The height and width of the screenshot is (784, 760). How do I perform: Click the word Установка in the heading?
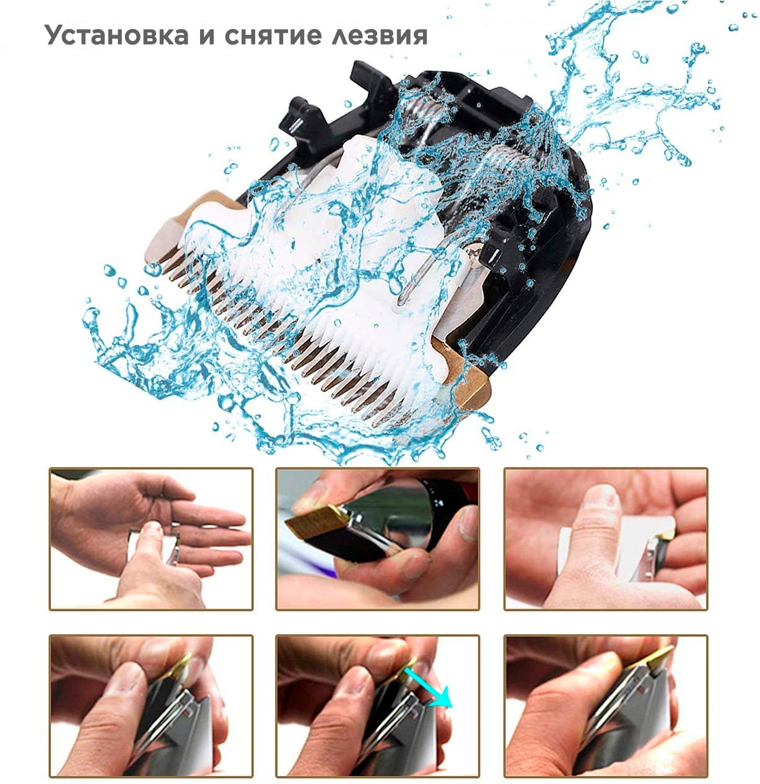pyautogui.click(x=116, y=35)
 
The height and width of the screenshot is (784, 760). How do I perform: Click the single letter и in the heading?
pyautogui.click(x=206, y=37)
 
